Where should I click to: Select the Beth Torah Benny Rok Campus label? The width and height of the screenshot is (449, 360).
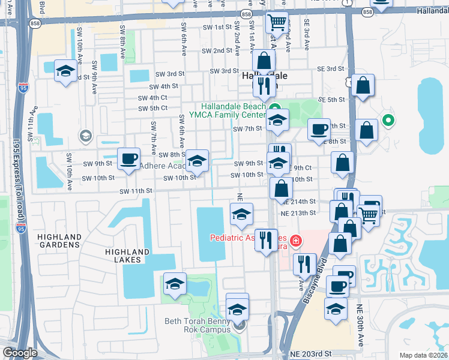pyautogui.click(x=198, y=325)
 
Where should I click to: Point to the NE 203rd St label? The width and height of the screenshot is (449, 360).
pyautogui.click(x=310, y=355)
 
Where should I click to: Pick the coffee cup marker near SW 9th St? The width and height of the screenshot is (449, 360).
pyautogui.click(x=128, y=158)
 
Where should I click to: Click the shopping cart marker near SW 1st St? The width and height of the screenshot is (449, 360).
pyautogui.click(x=276, y=23)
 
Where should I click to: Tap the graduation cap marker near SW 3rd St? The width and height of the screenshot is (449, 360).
pyautogui.click(x=65, y=71)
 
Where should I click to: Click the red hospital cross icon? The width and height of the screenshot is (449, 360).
pyautogui.click(x=295, y=241)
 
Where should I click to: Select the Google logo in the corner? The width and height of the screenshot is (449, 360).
pyautogui.click(x=20, y=353)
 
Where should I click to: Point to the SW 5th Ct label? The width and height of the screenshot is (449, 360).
pyautogui.click(x=152, y=109)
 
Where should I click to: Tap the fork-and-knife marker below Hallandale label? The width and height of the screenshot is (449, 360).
pyautogui.click(x=262, y=86)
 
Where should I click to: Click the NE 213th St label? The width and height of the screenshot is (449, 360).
pyautogui.click(x=298, y=213)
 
